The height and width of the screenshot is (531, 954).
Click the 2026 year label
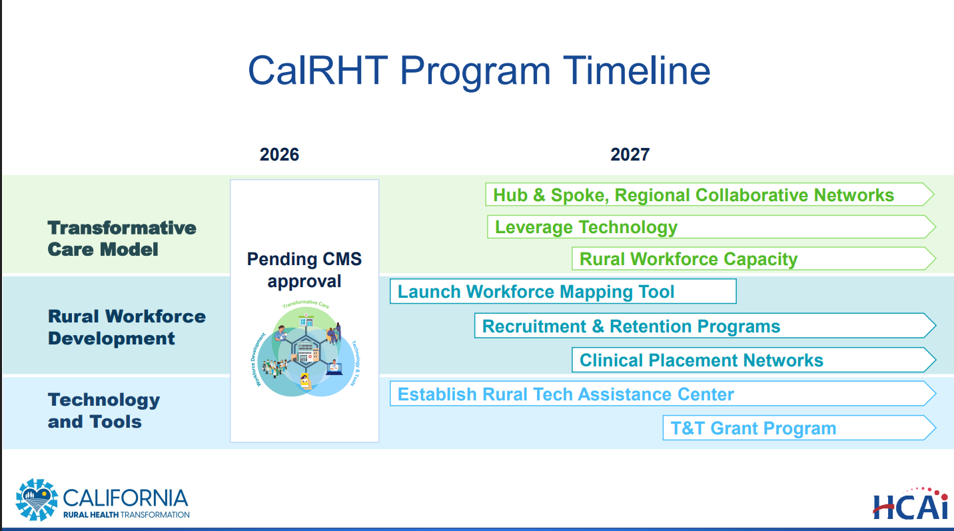click(x=279, y=155)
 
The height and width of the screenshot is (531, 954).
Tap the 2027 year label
click(x=630, y=155)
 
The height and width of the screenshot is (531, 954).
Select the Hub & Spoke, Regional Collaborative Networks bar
click(x=710, y=195)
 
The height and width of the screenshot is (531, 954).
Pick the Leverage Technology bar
click(x=712, y=227)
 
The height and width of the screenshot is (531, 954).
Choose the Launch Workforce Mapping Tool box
click(x=563, y=292)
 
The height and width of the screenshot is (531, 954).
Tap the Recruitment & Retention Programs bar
click(x=706, y=326)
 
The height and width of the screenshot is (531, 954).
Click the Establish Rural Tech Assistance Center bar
click(x=663, y=394)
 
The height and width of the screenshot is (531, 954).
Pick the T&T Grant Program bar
click(x=799, y=428)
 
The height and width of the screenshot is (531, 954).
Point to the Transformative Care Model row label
click(x=122, y=239)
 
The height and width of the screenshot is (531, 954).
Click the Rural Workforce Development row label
click(x=127, y=327)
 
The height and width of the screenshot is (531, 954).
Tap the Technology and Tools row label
click(x=104, y=410)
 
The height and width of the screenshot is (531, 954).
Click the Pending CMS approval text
click(x=304, y=270)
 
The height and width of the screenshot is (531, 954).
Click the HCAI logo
click(x=911, y=504)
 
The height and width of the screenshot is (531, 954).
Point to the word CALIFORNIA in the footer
click(x=126, y=498)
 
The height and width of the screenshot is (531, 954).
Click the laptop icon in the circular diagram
click(x=334, y=367)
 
